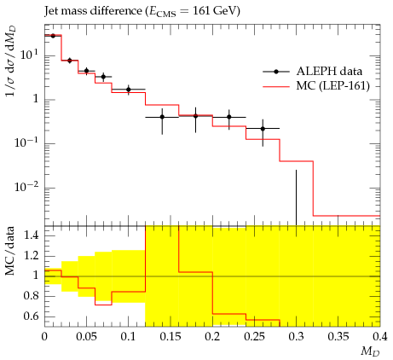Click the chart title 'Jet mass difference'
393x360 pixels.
[x=93, y=11]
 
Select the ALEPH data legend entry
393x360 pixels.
[x=313, y=72]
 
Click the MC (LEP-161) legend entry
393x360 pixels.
[x=316, y=86]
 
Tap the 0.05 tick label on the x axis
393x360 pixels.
[x=86, y=337]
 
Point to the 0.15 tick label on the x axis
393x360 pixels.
[x=170, y=337]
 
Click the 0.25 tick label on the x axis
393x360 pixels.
[x=254, y=337]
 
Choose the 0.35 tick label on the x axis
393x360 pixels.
[x=338, y=337]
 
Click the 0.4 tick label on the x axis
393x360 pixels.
[x=380, y=337]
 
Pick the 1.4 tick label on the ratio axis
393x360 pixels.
[x=32, y=236]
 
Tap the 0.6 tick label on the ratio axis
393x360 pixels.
[x=32, y=316]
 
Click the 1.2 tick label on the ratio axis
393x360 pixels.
[x=32, y=256]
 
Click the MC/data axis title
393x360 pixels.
[x=10, y=251]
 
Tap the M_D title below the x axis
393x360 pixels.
[x=370, y=352]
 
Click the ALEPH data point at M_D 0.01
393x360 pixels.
[x=53, y=36]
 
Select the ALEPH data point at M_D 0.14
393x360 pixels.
[x=162, y=117]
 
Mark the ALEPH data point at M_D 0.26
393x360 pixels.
[x=263, y=129]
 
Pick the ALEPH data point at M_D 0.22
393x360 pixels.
[x=229, y=117]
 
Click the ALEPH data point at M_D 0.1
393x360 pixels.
[x=129, y=90]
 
